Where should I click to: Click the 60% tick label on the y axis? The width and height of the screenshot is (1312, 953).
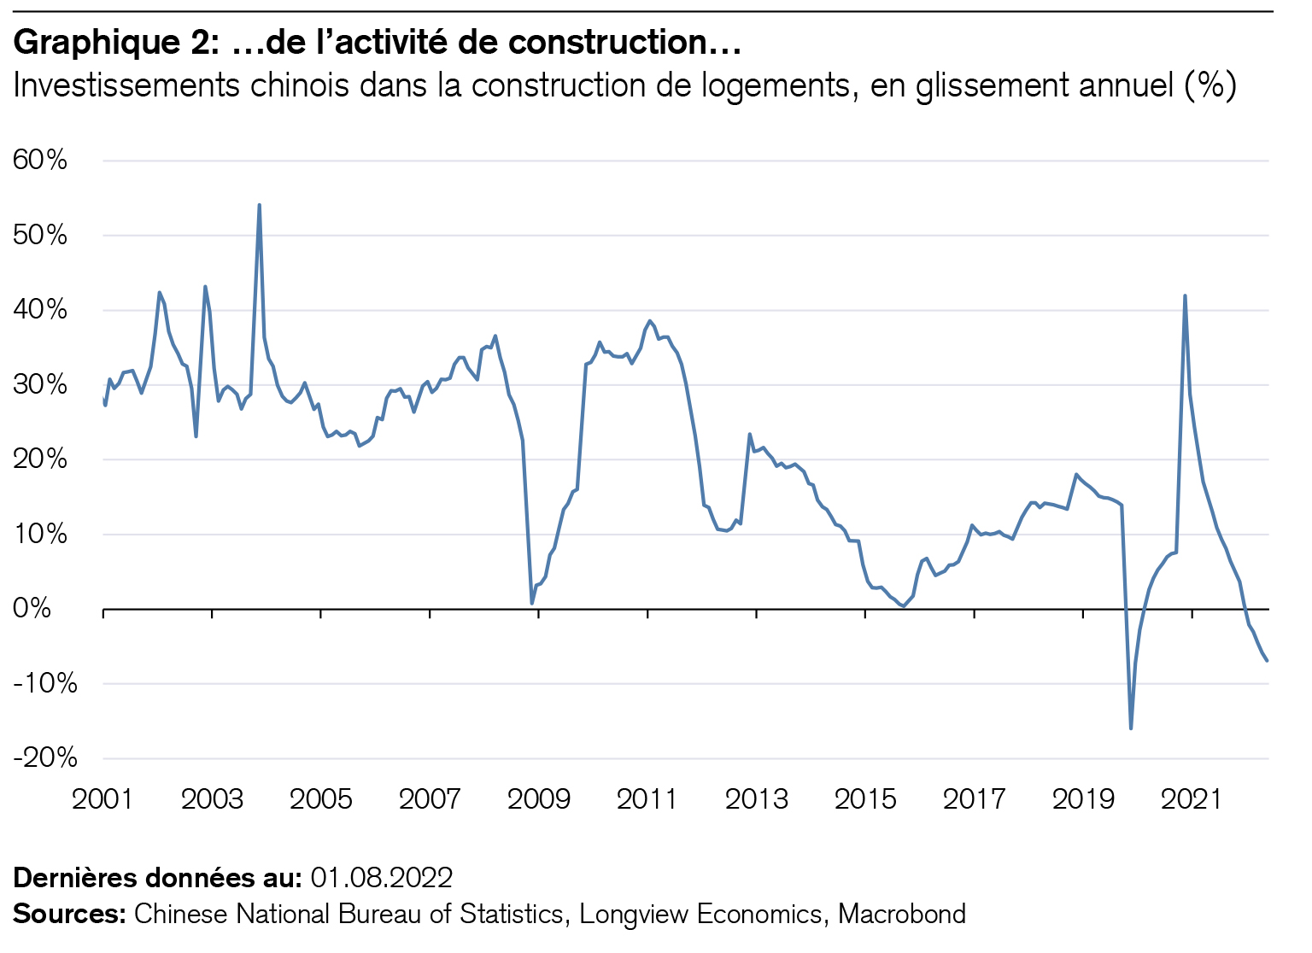pyautogui.click(x=40, y=160)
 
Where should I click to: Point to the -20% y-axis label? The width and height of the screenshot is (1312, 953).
pyautogui.click(x=44, y=757)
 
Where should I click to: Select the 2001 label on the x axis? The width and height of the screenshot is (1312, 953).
pyautogui.click(x=102, y=800)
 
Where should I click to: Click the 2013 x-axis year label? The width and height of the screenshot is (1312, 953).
pyautogui.click(x=756, y=800)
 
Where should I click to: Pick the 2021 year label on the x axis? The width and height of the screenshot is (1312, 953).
pyautogui.click(x=1192, y=800)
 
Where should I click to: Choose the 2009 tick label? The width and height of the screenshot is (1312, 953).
pyautogui.click(x=538, y=800)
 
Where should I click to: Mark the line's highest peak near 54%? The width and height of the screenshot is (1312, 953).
pyautogui.click(x=259, y=205)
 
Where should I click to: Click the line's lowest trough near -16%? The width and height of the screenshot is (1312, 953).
pyautogui.click(x=1131, y=728)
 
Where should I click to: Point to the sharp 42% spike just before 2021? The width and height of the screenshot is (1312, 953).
pyautogui.click(x=1185, y=296)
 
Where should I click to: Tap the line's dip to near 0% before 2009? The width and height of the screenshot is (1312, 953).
pyautogui.click(x=532, y=603)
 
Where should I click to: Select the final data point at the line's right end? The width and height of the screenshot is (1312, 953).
pyautogui.click(x=1267, y=660)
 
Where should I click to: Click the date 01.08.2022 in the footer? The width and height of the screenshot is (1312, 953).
pyautogui.click(x=381, y=878)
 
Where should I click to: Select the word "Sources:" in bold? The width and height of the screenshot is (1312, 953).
pyautogui.click(x=69, y=914)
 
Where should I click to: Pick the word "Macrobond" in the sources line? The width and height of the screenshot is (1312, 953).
pyautogui.click(x=902, y=914)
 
